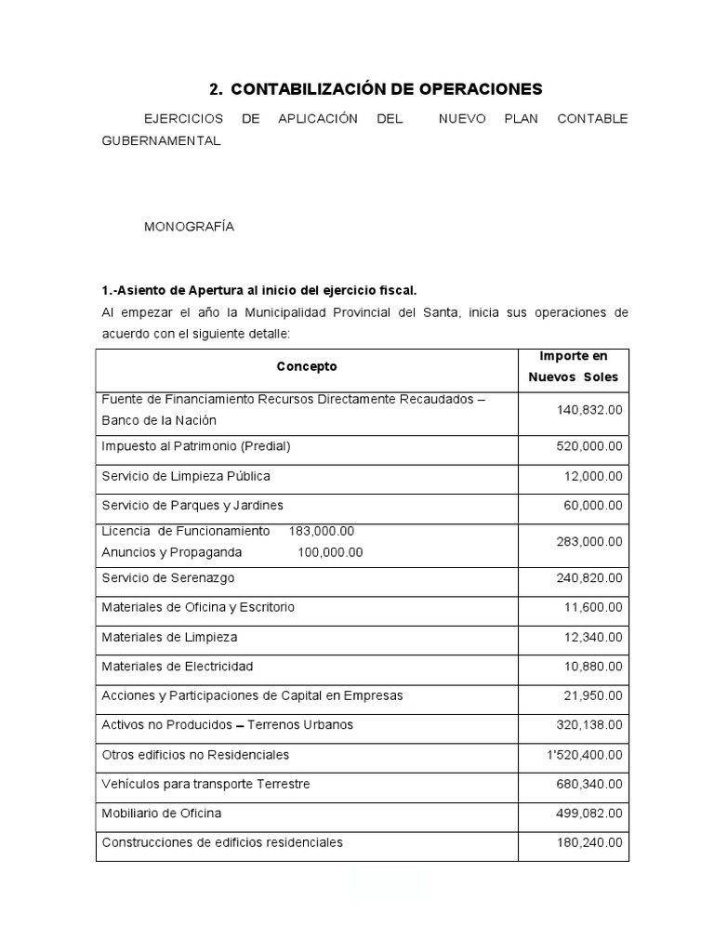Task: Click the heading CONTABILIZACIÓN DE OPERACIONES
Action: click(386, 89)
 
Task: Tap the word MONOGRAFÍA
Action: click(189, 227)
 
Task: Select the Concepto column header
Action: click(307, 366)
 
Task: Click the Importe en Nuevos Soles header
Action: click(573, 367)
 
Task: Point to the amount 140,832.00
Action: click(589, 409)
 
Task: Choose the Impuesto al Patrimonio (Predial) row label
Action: click(196, 446)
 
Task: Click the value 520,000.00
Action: click(589, 446)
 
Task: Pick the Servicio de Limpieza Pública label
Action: click(186, 476)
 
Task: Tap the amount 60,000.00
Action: click(593, 505)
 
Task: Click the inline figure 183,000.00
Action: click(322, 531)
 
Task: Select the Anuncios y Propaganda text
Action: click(172, 552)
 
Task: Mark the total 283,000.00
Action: click(589, 541)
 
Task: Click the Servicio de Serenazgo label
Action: click(168, 578)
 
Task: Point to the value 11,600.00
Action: click(593, 607)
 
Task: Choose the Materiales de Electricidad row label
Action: click(177, 667)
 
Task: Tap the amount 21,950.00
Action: click(593, 695)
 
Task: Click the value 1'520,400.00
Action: click(586, 754)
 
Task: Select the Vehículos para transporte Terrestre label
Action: click(205, 784)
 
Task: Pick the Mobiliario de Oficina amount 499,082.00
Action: click(589, 813)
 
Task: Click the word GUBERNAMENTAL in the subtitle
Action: click(161, 140)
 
